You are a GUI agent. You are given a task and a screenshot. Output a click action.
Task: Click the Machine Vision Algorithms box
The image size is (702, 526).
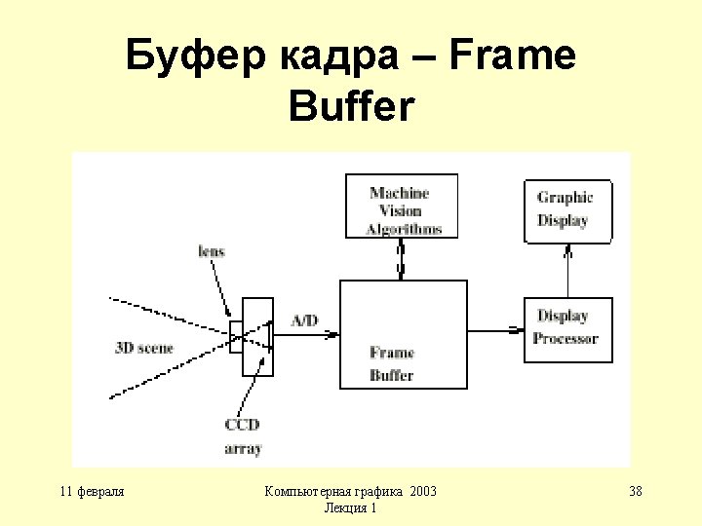(400, 207)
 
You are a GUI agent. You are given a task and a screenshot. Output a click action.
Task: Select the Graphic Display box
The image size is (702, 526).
(568, 209)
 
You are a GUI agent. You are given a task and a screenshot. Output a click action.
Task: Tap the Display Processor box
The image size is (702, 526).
(568, 328)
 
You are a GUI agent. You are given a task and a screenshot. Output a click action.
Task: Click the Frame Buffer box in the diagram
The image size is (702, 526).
(402, 334)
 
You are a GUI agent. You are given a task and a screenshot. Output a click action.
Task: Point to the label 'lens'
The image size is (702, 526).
(212, 251)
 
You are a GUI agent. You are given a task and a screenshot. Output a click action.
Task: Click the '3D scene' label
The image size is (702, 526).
(144, 348)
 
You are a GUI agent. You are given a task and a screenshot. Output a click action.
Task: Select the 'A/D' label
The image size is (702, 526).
(304, 320)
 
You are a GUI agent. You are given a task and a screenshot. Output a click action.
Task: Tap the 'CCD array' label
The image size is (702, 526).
(243, 436)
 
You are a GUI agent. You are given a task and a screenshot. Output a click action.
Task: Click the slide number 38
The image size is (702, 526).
(636, 491)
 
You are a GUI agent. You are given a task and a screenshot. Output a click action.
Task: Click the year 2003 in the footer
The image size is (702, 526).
(424, 491)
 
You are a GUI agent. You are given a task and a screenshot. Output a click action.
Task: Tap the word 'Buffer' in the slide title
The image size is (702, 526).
(351, 107)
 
